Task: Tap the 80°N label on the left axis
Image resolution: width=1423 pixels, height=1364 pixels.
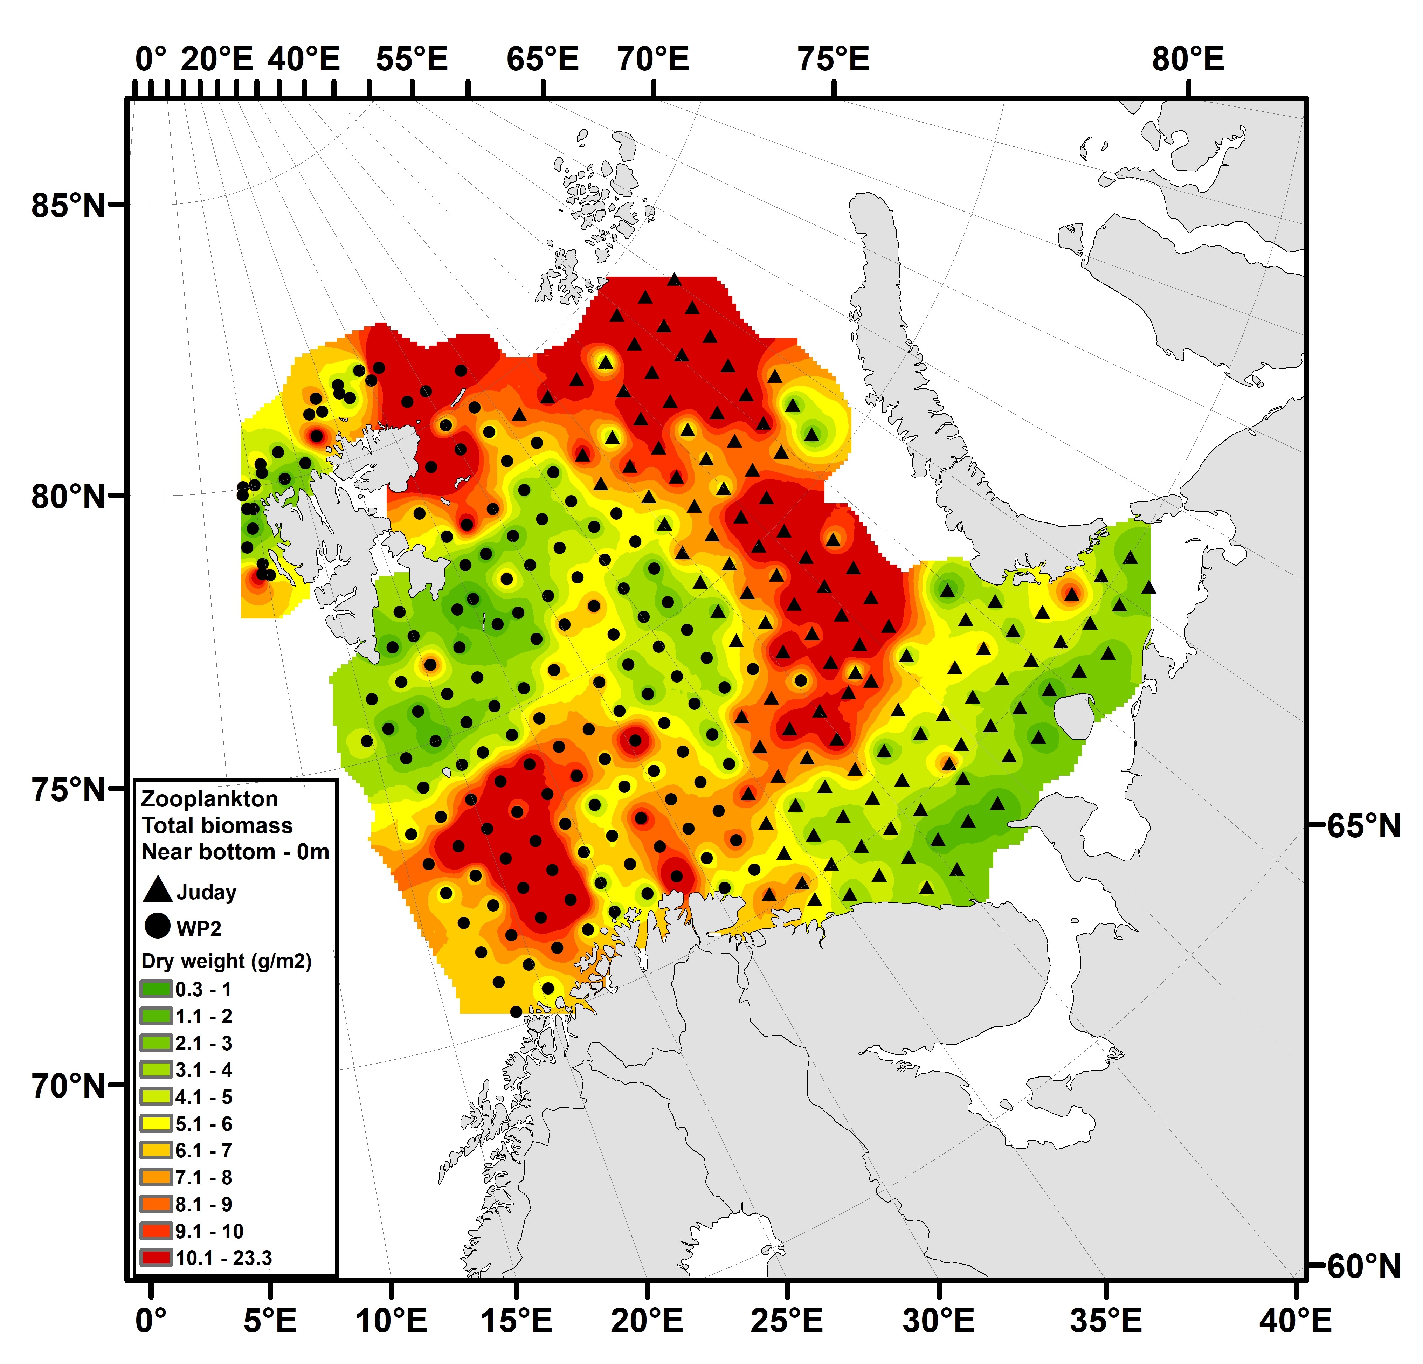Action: tap(69, 497)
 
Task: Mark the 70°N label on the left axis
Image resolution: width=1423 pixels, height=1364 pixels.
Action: tap(69, 1087)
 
